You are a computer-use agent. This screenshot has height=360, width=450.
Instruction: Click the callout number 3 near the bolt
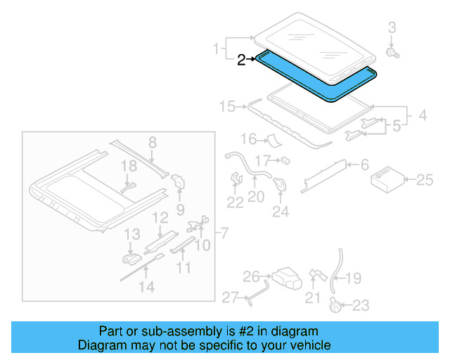pos(392,28)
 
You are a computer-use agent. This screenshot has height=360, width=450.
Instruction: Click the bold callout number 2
pos(241,60)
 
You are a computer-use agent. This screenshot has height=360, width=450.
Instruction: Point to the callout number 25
pos(425,181)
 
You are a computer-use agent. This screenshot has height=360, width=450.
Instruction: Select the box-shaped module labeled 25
pos(386,179)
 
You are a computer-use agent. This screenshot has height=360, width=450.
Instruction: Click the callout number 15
pos(227,107)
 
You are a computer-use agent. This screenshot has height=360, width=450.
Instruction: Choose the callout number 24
pos(281,211)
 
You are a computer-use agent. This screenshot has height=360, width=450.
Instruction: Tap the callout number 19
pos(353,278)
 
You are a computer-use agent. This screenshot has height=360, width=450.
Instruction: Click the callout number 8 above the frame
pos(152,143)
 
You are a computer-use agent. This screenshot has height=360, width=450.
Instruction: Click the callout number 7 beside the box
pos(224,233)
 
